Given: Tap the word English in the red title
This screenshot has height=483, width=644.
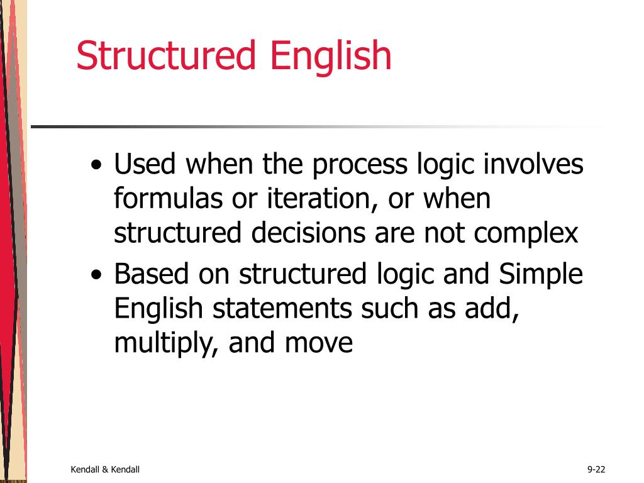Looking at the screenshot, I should pos(331,57).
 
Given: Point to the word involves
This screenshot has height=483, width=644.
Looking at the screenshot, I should pos(534,165).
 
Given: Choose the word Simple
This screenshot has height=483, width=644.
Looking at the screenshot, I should pos(541,275).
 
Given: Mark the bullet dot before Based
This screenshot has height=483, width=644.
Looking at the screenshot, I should pos(96,277).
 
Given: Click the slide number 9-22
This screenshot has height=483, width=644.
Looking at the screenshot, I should pos(596,469).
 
